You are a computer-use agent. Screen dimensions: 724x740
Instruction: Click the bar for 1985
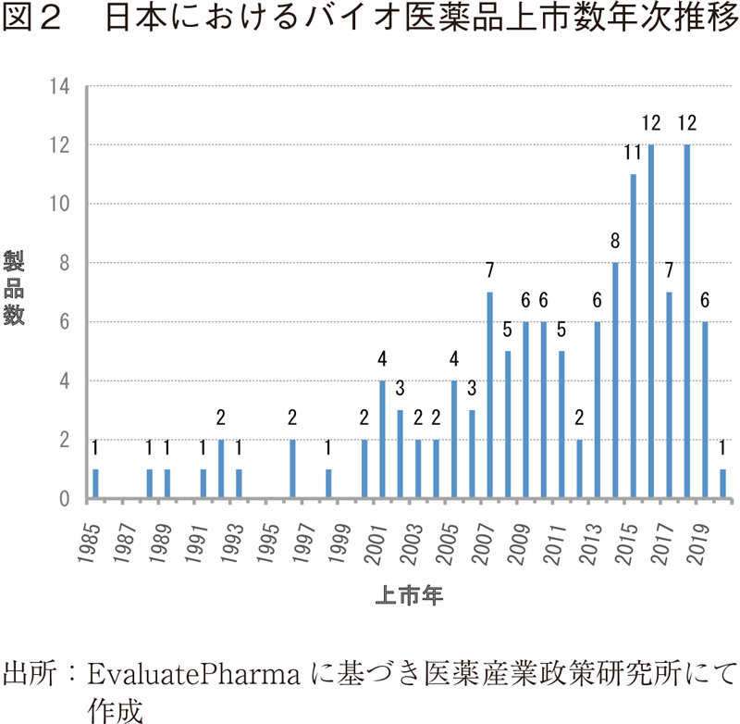tap(95, 484)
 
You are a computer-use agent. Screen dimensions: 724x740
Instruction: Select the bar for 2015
tap(633, 337)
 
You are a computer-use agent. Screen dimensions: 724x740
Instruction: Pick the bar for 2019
tap(705, 410)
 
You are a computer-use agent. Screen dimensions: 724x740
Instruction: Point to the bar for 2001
tap(382, 440)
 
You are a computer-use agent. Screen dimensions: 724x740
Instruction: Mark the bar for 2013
tap(597, 410)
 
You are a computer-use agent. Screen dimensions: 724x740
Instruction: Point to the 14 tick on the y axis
tap(62, 87)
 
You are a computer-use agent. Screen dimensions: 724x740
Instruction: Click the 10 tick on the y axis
tap(62, 205)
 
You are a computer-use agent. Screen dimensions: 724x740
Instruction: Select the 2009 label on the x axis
tap(517, 537)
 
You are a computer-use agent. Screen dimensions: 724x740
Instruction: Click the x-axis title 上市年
tap(409, 597)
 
